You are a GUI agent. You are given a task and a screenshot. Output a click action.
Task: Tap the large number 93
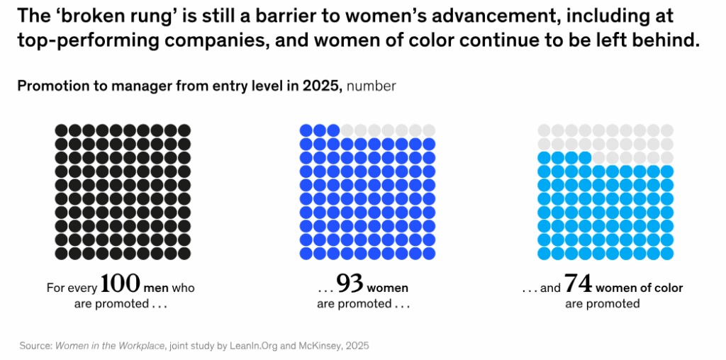coord(350,284)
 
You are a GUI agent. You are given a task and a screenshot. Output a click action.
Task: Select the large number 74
coord(578,284)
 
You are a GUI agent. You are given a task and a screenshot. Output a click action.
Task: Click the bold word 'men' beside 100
coord(156,288)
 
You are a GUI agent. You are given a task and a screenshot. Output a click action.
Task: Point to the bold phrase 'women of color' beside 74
coord(640,288)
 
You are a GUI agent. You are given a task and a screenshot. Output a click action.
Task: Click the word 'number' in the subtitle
coord(372,86)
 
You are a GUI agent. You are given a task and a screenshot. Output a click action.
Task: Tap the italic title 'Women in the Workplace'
coord(108,346)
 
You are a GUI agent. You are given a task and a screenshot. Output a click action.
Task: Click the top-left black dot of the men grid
coord(62,130)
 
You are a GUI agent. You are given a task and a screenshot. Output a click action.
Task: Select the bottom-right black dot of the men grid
coord(184,253)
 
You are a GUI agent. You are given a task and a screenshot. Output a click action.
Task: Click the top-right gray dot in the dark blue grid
coord(429,130)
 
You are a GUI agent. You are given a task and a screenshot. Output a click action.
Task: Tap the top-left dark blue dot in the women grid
coord(306,130)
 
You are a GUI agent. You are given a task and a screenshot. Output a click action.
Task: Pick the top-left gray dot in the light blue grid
coord(544,130)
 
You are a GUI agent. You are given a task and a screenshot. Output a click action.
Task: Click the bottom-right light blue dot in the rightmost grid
coord(667,253)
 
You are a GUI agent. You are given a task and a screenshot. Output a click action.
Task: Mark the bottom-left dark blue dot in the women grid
coord(306,253)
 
